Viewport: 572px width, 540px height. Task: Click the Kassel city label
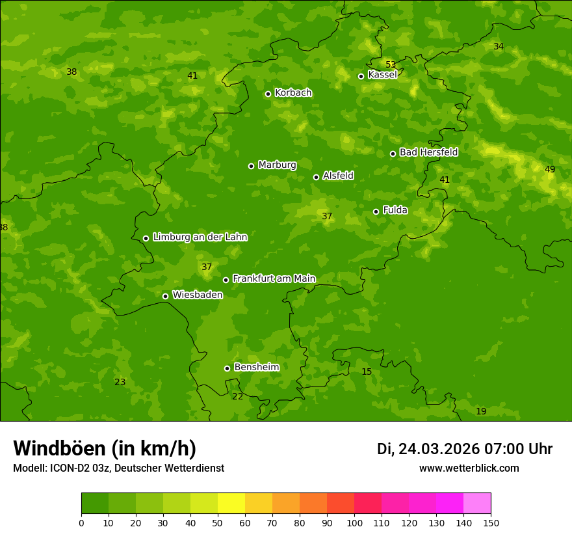[x=382, y=75]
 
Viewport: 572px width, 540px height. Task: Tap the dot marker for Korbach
[x=268, y=94]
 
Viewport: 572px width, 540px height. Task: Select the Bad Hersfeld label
[x=428, y=152]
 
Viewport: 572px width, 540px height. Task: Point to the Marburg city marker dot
[x=251, y=166]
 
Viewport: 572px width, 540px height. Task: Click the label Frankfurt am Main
[x=274, y=278]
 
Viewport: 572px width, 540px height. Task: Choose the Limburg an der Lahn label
[x=200, y=237]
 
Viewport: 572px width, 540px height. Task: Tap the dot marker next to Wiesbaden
[x=165, y=296]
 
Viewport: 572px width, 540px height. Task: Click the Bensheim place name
[x=256, y=367]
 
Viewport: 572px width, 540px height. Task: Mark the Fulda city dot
[x=376, y=211]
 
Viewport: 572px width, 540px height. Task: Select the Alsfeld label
[x=338, y=176]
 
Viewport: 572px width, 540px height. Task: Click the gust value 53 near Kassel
[x=391, y=64]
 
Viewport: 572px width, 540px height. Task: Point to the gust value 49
[x=550, y=169]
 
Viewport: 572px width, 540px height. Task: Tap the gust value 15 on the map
[x=367, y=371]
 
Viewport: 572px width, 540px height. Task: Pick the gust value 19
[x=481, y=411]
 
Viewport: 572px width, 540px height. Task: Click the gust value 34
[x=499, y=46]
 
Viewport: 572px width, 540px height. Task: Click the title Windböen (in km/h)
[x=105, y=448]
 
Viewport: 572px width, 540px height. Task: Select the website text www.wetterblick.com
[x=469, y=468]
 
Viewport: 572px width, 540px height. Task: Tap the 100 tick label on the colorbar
[x=354, y=522]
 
